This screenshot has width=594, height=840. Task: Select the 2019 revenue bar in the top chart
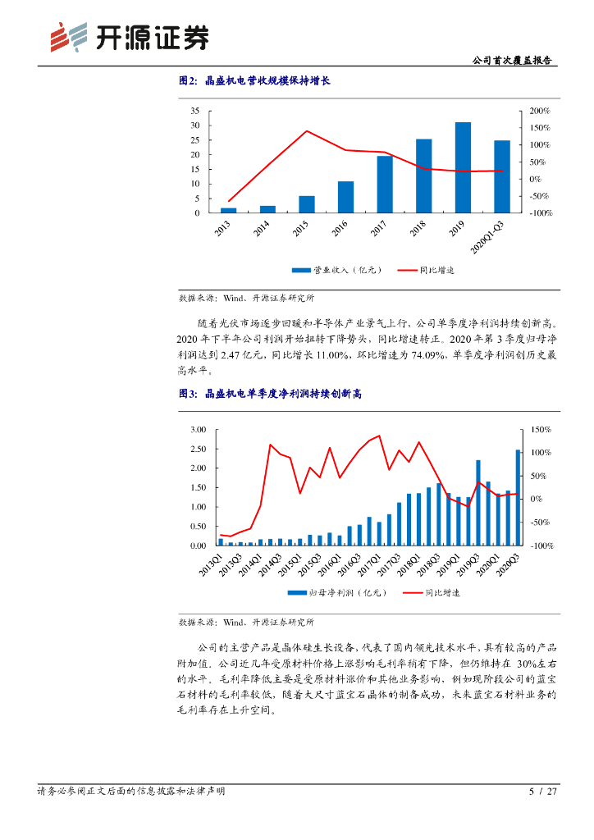point(463,167)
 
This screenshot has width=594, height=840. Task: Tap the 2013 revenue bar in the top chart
point(228,210)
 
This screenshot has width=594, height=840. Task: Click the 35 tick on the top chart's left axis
point(194,111)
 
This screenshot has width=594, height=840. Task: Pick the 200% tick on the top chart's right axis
point(540,111)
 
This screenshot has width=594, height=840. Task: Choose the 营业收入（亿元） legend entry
point(335,270)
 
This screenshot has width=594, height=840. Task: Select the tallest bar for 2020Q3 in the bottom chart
point(518,497)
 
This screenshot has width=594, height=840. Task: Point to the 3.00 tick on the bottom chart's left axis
point(197,430)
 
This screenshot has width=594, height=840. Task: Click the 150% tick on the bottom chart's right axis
point(542,430)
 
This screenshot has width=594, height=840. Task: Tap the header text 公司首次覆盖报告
point(513,61)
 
